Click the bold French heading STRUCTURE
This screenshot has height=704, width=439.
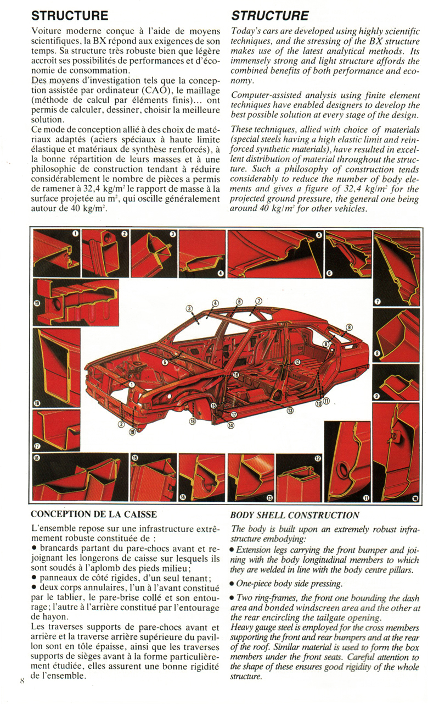point(70,15)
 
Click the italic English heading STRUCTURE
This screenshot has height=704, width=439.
point(269,15)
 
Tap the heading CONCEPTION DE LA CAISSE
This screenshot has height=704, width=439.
point(94,514)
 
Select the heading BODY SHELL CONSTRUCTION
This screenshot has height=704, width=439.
point(295,515)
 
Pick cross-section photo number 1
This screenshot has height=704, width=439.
point(57,253)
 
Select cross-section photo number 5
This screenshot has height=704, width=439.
point(275,253)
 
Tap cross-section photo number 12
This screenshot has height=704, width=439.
point(299,477)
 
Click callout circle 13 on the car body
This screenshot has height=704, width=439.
point(290,410)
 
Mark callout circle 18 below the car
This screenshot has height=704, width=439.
point(193,422)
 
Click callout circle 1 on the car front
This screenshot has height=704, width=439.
point(132,385)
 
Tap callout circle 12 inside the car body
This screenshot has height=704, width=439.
point(297,362)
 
